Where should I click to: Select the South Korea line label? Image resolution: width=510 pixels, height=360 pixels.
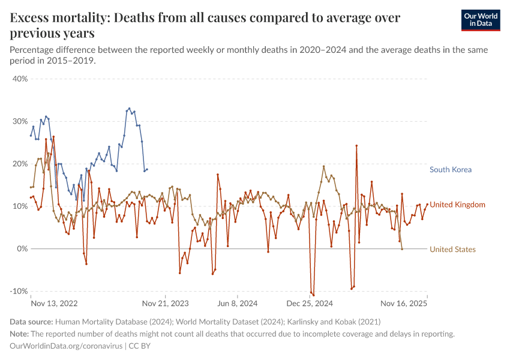click(x=450, y=170)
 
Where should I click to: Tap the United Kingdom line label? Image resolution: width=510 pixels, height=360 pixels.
click(x=457, y=205)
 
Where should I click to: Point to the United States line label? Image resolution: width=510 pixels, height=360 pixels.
click(x=452, y=250)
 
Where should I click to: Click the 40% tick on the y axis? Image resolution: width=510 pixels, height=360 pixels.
click(x=20, y=79)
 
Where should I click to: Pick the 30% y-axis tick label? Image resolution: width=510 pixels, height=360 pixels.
click(x=20, y=121)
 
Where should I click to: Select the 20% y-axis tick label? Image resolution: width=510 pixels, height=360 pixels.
click(x=20, y=164)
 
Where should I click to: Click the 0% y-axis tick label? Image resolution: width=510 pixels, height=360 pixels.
click(x=23, y=248)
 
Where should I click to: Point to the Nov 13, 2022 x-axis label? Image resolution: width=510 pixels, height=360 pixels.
click(x=54, y=304)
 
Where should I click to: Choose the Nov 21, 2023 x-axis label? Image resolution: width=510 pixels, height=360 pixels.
click(x=166, y=304)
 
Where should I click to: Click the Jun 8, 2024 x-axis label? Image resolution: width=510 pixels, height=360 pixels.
click(x=238, y=304)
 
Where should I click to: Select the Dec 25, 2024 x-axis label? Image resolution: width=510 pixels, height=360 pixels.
click(x=310, y=304)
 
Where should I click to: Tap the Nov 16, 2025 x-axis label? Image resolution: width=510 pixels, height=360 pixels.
click(x=404, y=304)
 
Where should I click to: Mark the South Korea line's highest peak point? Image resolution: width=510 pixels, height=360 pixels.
click(x=129, y=109)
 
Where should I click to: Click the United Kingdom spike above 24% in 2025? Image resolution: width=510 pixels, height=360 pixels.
click(x=356, y=145)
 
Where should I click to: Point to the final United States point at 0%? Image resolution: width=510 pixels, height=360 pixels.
click(x=401, y=249)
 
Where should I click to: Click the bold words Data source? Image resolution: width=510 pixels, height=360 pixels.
click(x=32, y=322)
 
